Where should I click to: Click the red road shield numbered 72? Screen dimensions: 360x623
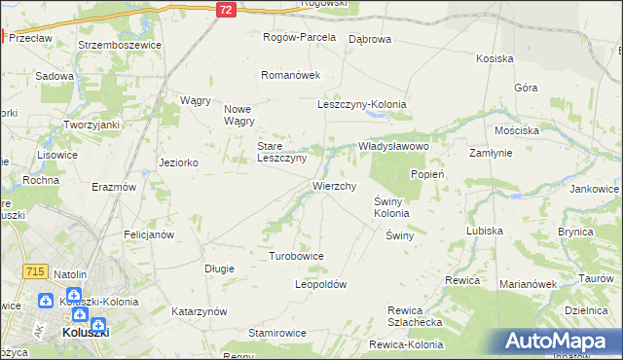(x=225, y=9)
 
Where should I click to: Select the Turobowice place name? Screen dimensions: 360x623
(x=296, y=256)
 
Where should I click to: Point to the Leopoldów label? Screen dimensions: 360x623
(x=320, y=284)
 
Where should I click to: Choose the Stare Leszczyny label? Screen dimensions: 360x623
(x=281, y=152)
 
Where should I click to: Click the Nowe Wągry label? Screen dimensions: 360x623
(x=239, y=115)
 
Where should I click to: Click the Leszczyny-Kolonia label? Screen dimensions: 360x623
(x=361, y=105)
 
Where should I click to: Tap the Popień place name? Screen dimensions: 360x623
(x=427, y=174)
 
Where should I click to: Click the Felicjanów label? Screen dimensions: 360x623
(x=149, y=234)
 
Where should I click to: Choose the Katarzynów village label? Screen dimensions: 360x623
(x=199, y=311)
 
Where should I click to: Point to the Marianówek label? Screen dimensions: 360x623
(x=527, y=284)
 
